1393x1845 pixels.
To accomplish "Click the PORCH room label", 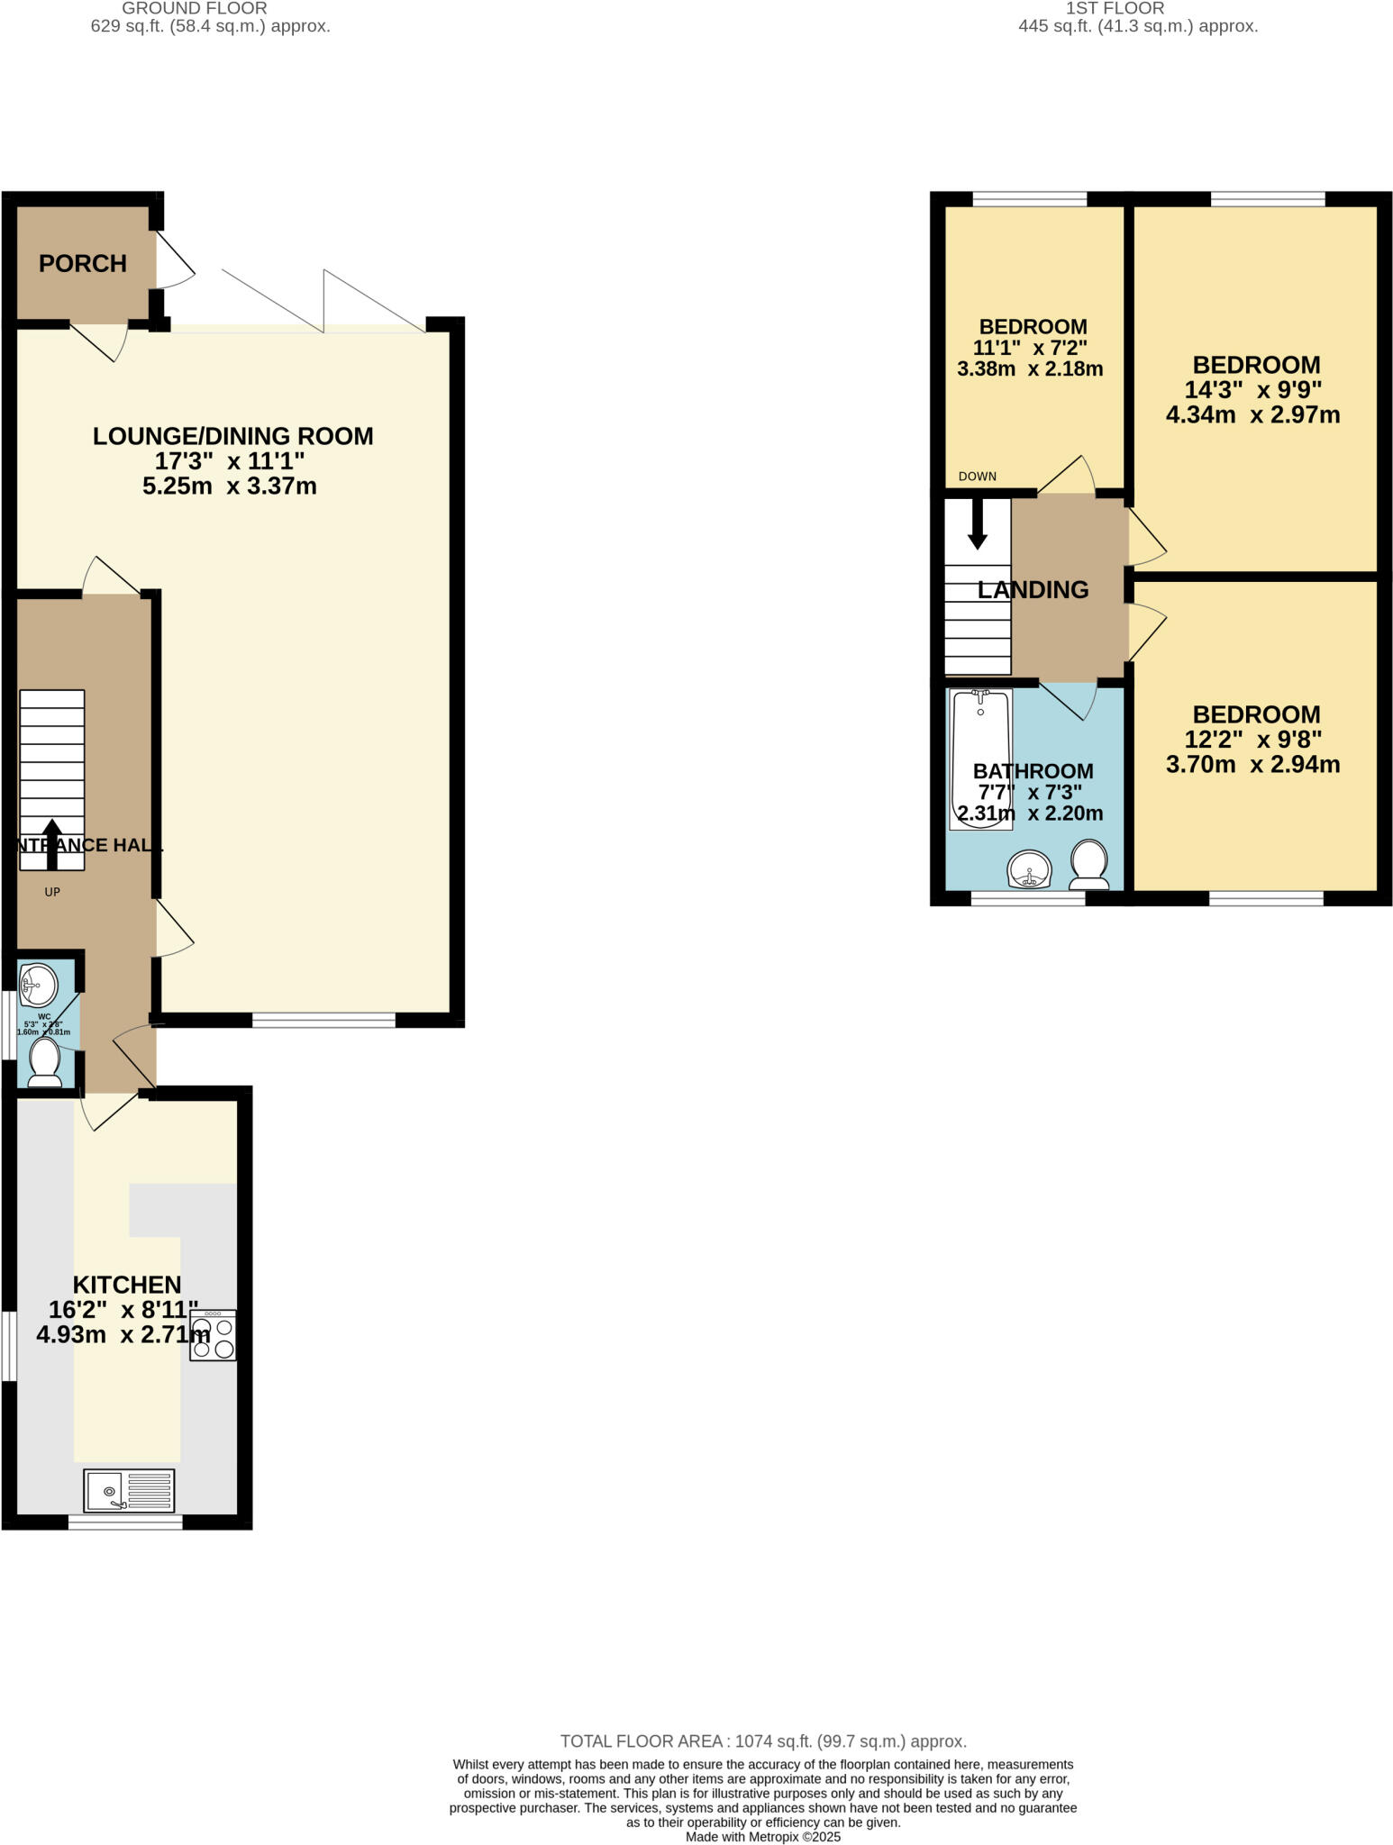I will point(82,264).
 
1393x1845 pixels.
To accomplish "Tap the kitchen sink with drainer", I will point(129,1491).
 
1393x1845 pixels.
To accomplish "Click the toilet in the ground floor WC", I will point(45,1063).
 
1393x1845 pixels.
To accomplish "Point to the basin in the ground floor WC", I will point(38,985).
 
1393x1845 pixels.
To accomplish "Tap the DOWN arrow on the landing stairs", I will point(978,525).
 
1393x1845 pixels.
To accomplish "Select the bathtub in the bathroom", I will point(980,758).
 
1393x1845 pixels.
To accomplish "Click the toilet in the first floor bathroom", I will point(1089,863).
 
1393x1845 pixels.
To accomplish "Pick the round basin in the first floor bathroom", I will point(1030,870).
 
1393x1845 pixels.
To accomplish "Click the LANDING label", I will point(1033,590).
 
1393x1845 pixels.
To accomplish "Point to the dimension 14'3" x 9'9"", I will point(1252,390).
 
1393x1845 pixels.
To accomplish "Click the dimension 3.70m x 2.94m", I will point(1252,765).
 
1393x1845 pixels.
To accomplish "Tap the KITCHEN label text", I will point(127,1285).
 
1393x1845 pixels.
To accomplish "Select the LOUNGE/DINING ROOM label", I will point(232,436).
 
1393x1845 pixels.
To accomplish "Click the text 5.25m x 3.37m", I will point(230,486).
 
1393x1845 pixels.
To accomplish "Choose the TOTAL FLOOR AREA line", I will point(762,1741).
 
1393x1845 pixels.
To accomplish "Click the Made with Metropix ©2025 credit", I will point(762,1837).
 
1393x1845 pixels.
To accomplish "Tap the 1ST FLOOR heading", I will point(1115,8).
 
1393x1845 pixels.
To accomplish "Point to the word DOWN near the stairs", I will point(978,477).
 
